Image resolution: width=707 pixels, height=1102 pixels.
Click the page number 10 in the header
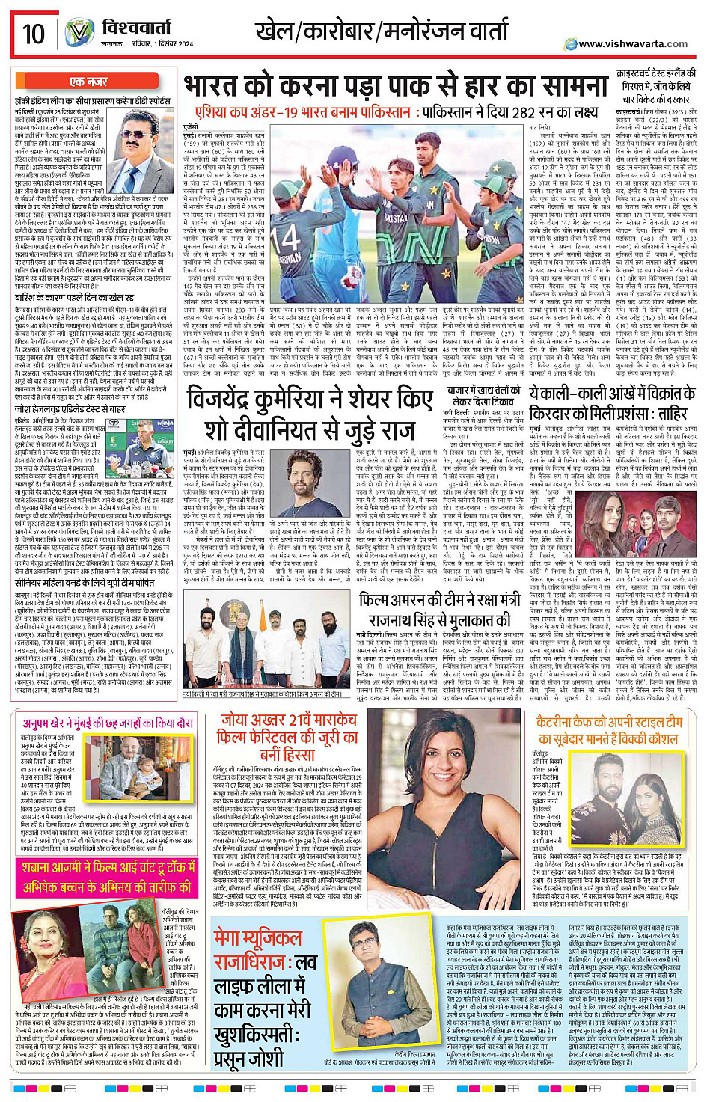coord(34,34)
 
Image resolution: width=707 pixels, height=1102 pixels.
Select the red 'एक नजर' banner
coord(88,82)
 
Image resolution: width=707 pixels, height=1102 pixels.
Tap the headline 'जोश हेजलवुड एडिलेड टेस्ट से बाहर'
coord(71,409)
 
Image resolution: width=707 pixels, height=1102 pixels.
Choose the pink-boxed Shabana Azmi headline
coord(109,879)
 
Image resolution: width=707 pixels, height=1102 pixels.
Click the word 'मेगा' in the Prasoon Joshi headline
coord(236,938)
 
